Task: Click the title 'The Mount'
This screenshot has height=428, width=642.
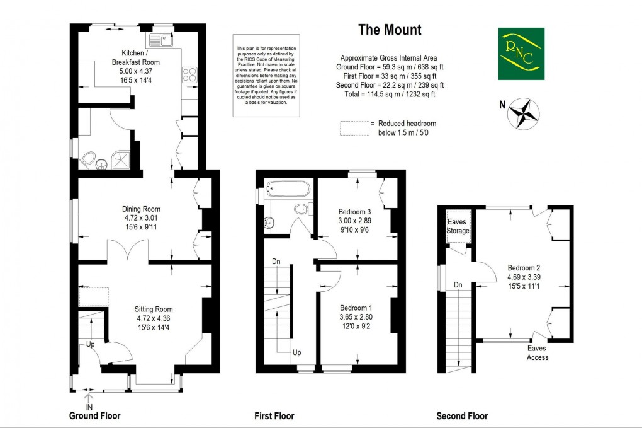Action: pos(390,30)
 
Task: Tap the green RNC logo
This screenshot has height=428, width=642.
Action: pos(521,54)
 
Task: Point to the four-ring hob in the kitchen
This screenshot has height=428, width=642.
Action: pos(189,75)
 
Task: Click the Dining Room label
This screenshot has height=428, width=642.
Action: pos(141,209)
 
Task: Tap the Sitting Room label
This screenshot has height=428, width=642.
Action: pos(153,309)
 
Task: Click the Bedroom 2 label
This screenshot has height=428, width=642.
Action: pos(524,268)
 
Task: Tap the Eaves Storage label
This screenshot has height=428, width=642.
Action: pos(458,226)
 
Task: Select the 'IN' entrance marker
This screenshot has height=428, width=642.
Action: pos(89,407)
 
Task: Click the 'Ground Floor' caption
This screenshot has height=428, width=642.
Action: pos(94,416)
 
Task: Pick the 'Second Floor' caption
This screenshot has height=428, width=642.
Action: pos(462,416)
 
